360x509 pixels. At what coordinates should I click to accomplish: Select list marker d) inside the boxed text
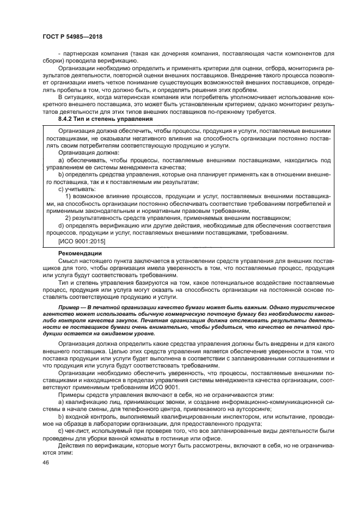pyautogui.click(x=61, y=225)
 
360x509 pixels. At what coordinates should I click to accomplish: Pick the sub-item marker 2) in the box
pyautogui.click(x=69, y=217)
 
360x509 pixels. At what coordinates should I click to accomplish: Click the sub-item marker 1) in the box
pyautogui.click(x=69, y=194)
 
